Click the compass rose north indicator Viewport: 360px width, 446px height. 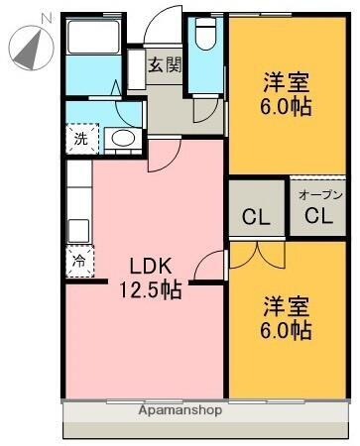(x=29, y=46)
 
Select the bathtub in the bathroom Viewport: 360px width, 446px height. (x=93, y=40)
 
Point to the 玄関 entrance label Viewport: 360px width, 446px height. (x=165, y=65)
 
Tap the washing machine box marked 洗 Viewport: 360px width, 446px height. (x=80, y=140)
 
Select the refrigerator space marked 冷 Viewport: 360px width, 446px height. (x=78, y=263)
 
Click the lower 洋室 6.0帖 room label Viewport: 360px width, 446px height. (x=287, y=316)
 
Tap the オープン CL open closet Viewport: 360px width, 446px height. (x=317, y=209)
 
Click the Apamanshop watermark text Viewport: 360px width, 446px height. (x=180, y=409)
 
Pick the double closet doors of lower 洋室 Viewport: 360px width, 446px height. (x=256, y=250)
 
